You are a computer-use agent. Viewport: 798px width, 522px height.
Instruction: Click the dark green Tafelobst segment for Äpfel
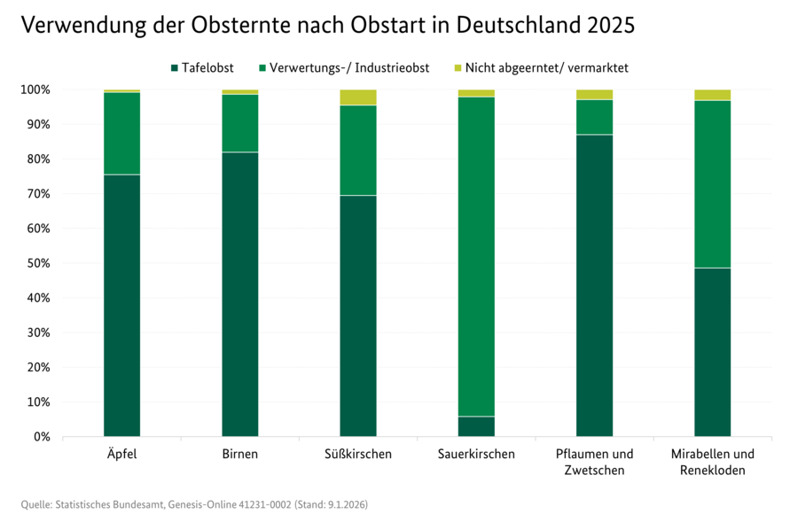pos(121,305)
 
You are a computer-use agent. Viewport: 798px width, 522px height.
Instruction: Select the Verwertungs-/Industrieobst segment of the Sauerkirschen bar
pos(476,256)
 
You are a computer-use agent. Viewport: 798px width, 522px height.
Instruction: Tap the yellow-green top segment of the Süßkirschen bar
pos(358,97)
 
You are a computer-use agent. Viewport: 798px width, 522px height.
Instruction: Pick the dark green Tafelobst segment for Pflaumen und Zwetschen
pos(594,285)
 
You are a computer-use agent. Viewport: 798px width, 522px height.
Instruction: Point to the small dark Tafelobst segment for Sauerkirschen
pos(476,426)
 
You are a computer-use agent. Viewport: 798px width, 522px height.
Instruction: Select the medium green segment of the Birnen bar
pos(239,123)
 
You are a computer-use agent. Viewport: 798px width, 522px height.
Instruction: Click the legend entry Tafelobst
pos(203,67)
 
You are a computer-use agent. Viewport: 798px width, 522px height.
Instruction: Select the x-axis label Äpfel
pos(121,455)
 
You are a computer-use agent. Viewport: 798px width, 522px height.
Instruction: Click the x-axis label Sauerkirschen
pos(476,455)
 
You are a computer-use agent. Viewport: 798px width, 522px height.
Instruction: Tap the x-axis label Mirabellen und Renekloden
pos(712,462)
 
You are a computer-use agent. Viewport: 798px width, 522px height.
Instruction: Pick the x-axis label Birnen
pos(239,455)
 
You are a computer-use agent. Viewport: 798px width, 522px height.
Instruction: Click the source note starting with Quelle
pos(194,504)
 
